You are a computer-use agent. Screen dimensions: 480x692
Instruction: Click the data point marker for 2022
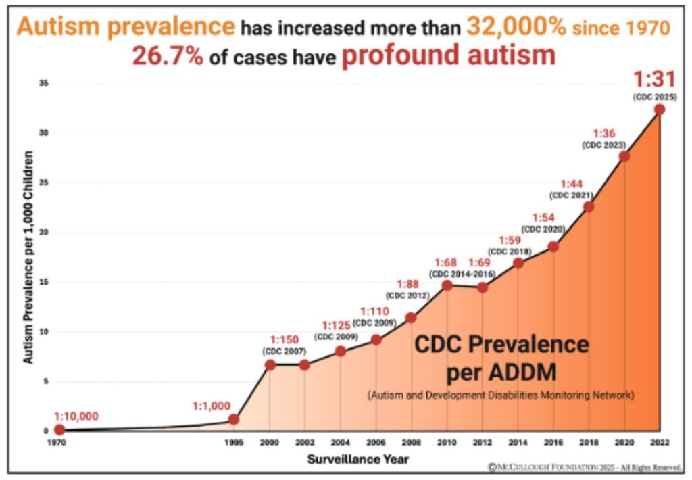pyautogui.click(x=659, y=110)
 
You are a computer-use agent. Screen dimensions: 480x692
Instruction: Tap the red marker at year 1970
pyautogui.click(x=59, y=429)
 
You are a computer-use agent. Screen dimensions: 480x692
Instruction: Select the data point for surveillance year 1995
pyautogui.click(x=234, y=419)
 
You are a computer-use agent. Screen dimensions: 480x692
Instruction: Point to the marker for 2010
pyautogui.click(x=447, y=285)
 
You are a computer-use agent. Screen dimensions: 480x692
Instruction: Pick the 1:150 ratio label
pyautogui.click(x=284, y=339)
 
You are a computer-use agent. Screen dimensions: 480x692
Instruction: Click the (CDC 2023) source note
pyautogui.click(x=604, y=145)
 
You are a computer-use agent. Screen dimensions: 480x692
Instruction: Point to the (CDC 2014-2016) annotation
pyautogui.click(x=462, y=274)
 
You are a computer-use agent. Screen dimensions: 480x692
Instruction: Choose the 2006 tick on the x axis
pyautogui.click(x=376, y=443)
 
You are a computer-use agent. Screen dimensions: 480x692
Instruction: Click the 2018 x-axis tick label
pyautogui.click(x=589, y=443)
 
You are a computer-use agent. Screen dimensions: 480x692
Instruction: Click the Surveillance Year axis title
pyautogui.click(x=357, y=459)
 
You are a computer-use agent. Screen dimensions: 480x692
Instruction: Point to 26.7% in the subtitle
pyautogui.click(x=167, y=56)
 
